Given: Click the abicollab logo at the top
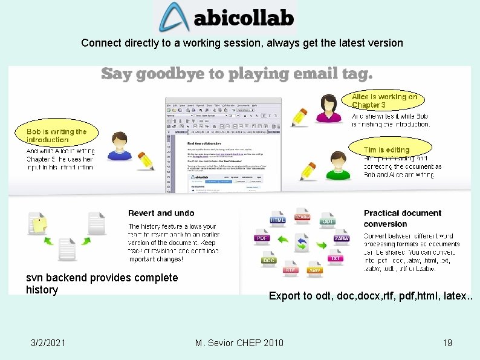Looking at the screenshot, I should point(225,18).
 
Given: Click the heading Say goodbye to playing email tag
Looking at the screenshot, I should point(236,74).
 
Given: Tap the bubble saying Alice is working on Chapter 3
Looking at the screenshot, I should point(384,101).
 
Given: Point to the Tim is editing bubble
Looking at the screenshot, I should point(389,149).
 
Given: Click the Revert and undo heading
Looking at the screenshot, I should point(161,213).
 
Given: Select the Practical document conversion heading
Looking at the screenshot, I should point(402,218).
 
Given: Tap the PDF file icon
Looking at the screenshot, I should point(262,237).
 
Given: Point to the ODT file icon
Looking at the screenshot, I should point(327,220).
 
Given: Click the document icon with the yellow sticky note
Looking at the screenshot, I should point(38,224).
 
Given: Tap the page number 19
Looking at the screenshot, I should point(447,343).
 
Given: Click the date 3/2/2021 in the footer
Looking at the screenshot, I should point(48,343).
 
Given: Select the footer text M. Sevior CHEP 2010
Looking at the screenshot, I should point(239,343).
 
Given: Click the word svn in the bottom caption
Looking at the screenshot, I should point(34,278).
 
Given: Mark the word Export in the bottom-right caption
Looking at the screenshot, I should point(283,296).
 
